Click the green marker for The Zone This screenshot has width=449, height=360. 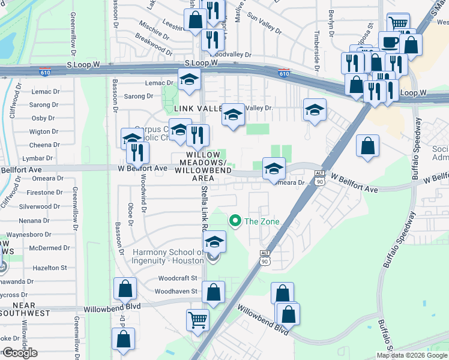[x=236, y=221]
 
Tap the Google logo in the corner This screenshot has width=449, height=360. [x=19, y=353]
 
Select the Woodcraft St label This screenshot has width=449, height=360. [x=178, y=278]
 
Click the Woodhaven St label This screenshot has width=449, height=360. [x=176, y=291]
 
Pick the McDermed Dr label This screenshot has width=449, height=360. [x=49, y=248]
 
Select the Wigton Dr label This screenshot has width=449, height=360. [x=43, y=131]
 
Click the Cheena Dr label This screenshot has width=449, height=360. [x=44, y=145]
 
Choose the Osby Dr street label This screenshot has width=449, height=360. [x=43, y=118]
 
